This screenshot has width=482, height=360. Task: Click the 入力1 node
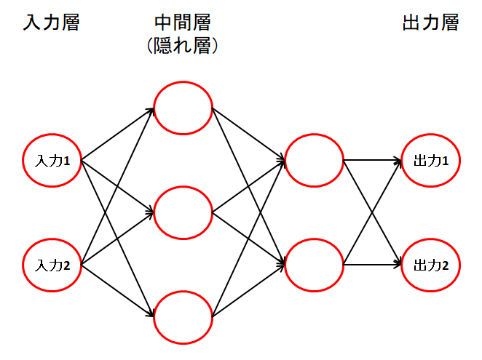52,161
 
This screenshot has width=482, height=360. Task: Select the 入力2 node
52,265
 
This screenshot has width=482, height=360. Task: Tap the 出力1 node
430,161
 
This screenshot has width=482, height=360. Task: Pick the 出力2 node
430,265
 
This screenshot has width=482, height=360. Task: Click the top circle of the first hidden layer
183,110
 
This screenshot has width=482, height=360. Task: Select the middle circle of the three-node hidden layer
183,213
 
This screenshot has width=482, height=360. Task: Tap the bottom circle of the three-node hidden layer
183,316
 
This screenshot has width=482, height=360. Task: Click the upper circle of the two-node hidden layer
314,161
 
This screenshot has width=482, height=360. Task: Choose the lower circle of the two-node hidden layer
314,265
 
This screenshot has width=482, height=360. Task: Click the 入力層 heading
50,23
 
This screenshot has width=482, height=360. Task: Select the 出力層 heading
430,23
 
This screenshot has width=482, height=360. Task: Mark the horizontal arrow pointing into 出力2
372,265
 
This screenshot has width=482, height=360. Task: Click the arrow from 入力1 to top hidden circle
116,135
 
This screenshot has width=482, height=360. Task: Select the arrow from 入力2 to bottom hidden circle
116,291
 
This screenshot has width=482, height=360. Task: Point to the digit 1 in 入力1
66,161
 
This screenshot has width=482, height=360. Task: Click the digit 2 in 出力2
445,265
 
